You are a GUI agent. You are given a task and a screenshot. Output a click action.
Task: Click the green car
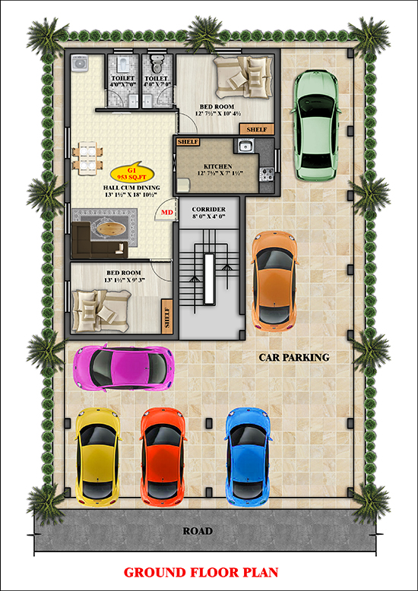click(316, 125)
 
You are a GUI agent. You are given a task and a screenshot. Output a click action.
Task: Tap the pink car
click(124, 368)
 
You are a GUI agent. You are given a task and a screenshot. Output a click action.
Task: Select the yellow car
click(98, 456)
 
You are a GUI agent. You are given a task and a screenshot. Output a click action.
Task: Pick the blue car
click(249, 456)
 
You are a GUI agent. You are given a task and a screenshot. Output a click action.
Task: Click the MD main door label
click(167, 213)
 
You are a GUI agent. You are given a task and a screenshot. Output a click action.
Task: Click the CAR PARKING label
click(294, 357)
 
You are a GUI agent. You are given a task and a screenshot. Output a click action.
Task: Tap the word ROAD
click(198, 531)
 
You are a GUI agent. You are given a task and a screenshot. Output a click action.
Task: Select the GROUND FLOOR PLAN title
click(201, 572)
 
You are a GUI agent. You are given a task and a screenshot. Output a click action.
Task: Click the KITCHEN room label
click(217, 166)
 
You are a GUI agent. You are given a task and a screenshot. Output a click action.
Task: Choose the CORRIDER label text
click(209, 209)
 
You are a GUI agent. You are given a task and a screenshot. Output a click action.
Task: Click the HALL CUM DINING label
click(131, 188)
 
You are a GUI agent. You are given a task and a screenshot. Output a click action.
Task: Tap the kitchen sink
click(246, 146)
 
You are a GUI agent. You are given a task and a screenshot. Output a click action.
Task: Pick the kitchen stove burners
click(267, 173)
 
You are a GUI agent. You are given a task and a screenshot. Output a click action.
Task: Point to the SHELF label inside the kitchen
click(188, 142)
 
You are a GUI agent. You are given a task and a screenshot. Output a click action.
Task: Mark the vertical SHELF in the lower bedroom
click(167, 317)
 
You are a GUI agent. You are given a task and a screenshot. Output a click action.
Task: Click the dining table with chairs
click(87, 158)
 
